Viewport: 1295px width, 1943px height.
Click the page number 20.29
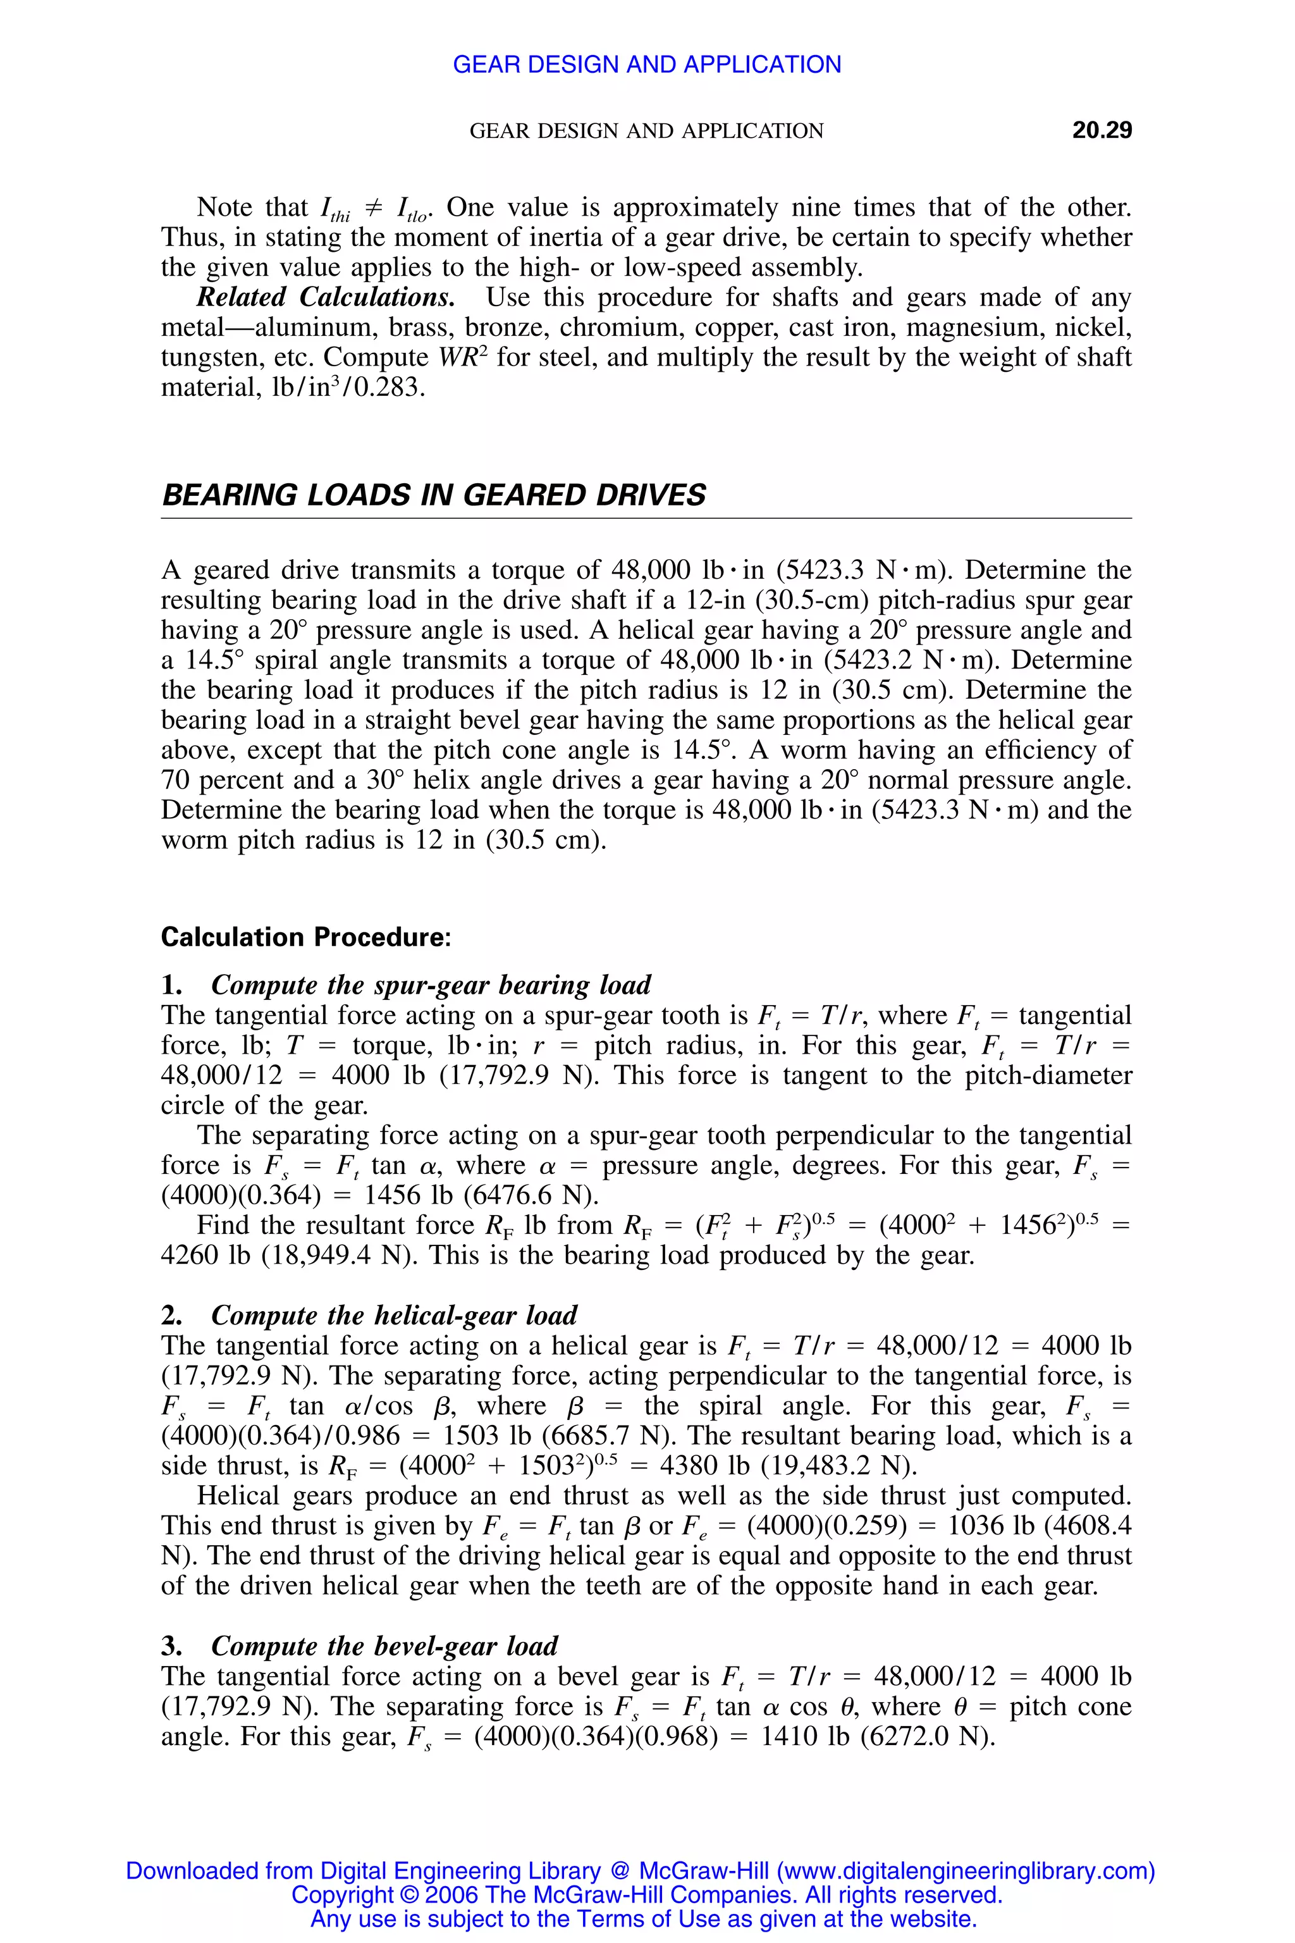pyautogui.click(x=1101, y=130)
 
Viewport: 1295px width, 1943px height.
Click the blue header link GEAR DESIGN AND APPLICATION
pyautogui.click(x=647, y=65)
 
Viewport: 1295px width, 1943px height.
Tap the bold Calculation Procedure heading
pyautogui.click(x=305, y=937)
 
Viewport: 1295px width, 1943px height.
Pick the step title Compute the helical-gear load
pyautogui.click(x=394, y=1315)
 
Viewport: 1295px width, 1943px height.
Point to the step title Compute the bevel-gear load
pyautogui.click(x=384, y=1646)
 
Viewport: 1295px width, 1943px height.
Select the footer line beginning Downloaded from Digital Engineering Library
pyautogui.click(x=640, y=1870)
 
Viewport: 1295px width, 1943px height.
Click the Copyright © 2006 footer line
pyautogui.click(x=647, y=1894)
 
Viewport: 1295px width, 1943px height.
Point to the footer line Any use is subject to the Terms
pyautogui.click(x=643, y=1918)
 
